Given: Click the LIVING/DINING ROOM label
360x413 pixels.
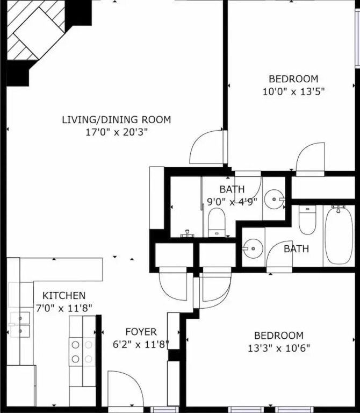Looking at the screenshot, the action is tap(116, 119).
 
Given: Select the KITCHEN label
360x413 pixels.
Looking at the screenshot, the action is tap(64, 296).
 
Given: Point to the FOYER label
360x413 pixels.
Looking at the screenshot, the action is tap(141, 332).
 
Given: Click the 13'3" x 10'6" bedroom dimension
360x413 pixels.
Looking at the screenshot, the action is tap(279, 348).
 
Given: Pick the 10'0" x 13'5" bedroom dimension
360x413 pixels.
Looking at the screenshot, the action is tap(294, 91).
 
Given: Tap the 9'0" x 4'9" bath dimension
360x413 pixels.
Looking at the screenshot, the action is tap(232, 202).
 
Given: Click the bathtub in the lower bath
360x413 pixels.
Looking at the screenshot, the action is tap(339, 235).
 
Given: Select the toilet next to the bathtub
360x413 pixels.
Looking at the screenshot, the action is tap(307, 220).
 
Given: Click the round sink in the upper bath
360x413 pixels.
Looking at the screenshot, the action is tap(274, 199).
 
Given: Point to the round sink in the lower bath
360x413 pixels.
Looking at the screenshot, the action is tap(253, 248).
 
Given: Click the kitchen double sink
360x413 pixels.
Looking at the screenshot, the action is tap(20, 324).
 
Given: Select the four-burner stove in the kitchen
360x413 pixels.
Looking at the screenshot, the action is tap(82, 352).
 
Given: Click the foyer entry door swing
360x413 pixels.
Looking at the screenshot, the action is tap(126, 388).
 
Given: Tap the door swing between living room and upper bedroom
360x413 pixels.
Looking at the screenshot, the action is tap(206, 147).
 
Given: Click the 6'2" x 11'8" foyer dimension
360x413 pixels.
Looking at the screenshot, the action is tap(141, 344).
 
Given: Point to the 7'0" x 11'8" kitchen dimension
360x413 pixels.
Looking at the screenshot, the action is tap(64, 308).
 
